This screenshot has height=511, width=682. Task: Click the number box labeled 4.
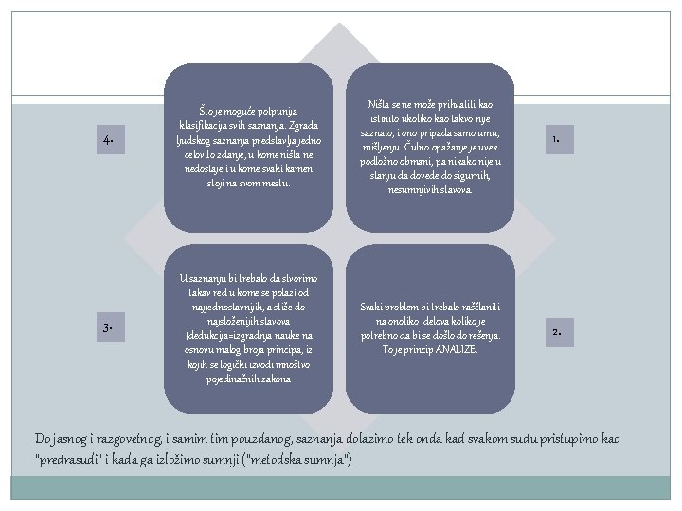pyautogui.click(x=110, y=140)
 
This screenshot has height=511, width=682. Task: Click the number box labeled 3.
pyautogui.click(x=110, y=327)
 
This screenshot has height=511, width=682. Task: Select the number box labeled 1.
pyautogui.click(x=558, y=140)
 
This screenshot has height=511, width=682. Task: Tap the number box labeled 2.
pyautogui.click(x=558, y=332)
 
